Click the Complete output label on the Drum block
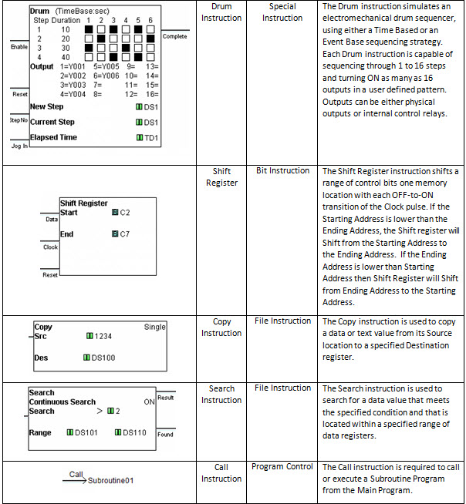(175, 36)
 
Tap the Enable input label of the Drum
(19, 47)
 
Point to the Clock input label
(50, 247)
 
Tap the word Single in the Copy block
(155, 327)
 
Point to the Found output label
(165, 435)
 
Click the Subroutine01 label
(111, 481)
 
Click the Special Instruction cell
(282, 12)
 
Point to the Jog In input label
(19, 145)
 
